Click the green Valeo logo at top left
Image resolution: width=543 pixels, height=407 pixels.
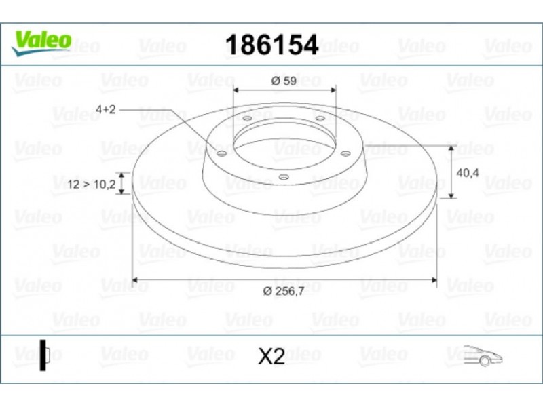point(41,43)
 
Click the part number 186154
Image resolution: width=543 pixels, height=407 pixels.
point(272,45)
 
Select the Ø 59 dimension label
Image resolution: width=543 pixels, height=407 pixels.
point(284,81)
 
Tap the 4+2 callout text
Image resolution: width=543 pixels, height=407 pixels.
point(106,109)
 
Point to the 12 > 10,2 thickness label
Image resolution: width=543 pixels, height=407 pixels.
point(92,184)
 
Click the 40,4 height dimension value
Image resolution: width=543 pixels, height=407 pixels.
point(468,173)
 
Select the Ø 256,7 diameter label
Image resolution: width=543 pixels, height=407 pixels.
point(284,291)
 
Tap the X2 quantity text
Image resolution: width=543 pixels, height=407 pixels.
point(271,356)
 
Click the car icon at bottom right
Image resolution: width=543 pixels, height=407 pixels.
point(483,355)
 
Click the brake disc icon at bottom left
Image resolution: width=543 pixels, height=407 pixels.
point(44,355)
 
